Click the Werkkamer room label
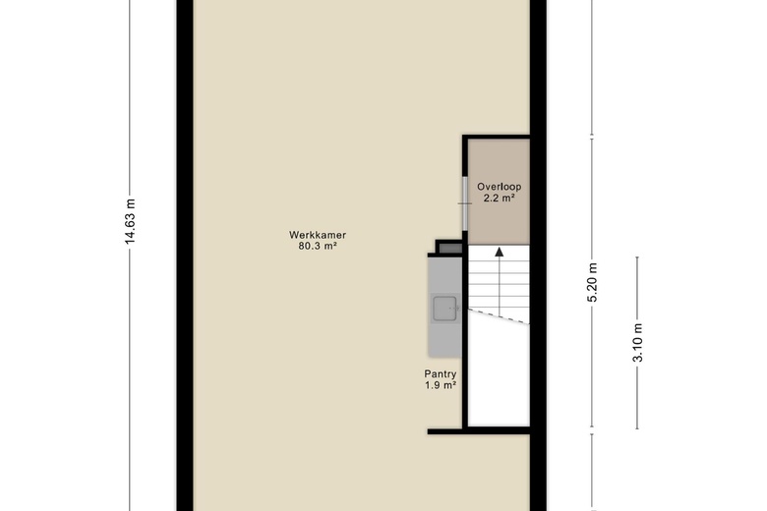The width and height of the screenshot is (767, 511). (x=318, y=235)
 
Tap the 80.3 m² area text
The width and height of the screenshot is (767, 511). (x=318, y=246)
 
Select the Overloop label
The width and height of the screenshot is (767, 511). (x=499, y=187)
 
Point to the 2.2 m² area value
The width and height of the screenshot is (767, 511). (x=499, y=199)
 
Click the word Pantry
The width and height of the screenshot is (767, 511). (x=441, y=374)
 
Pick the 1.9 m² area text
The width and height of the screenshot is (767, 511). (x=441, y=385)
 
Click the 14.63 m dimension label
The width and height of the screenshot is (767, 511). (x=130, y=221)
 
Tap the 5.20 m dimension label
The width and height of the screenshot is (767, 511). (x=592, y=283)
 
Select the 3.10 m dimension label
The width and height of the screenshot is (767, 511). (x=637, y=342)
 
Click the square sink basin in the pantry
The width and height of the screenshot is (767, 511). (x=444, y=309)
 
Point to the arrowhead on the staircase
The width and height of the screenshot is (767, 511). (x=499, y=253)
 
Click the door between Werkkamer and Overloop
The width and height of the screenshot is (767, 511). (x=465, y=203)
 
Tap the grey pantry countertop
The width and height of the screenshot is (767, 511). (x=444, y=307)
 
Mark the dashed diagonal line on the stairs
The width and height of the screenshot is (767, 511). (x=499, y=315)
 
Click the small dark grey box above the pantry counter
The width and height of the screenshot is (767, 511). (x=450, y=248)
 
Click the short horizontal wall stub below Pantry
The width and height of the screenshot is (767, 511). (x=444, y=431)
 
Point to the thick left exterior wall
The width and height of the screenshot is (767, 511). (x=185, y=255)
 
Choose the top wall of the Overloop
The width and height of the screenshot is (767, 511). (x=496, y=137)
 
